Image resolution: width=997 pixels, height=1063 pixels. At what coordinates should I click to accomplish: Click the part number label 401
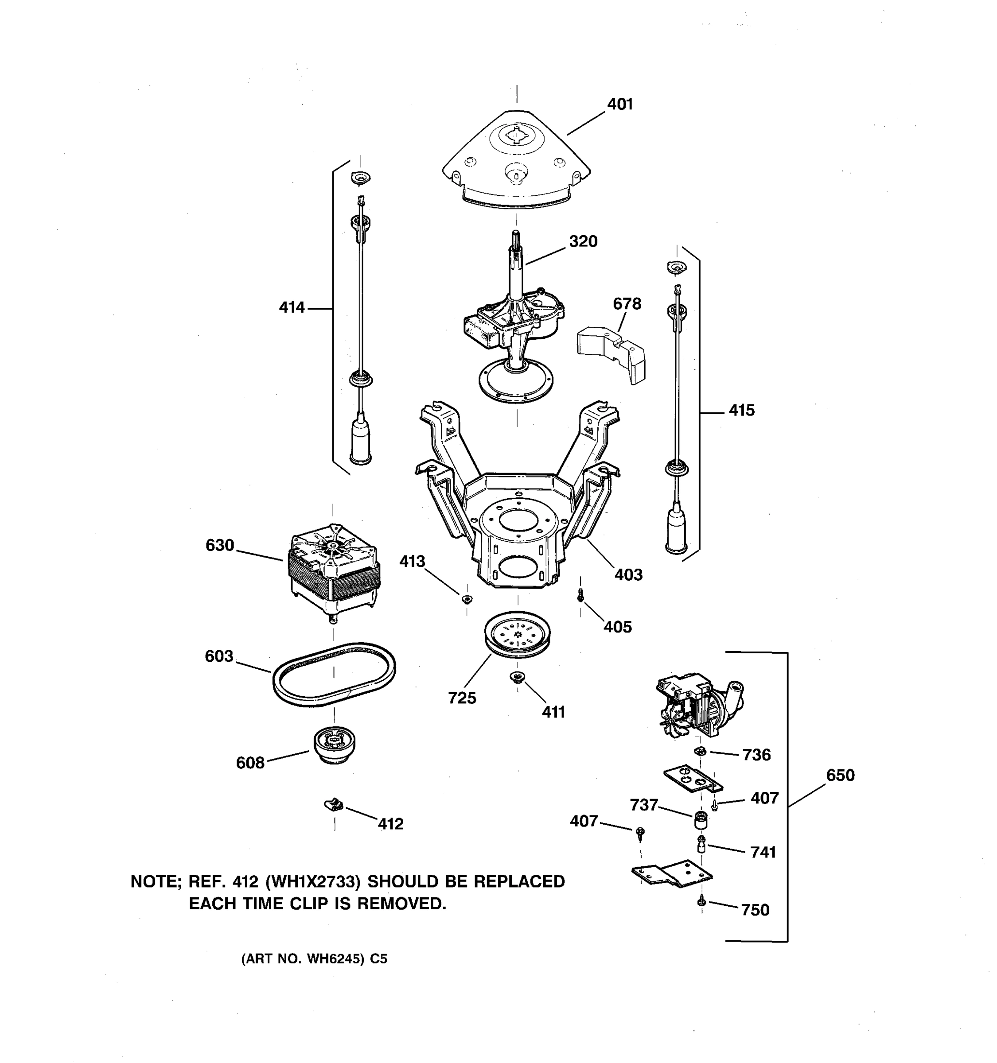point(620,104)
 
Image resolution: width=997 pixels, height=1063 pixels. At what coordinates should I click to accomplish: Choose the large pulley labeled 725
point(517,634)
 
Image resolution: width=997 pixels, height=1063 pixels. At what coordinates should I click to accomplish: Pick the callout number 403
point(628,575)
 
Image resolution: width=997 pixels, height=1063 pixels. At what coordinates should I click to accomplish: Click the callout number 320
point(583,242)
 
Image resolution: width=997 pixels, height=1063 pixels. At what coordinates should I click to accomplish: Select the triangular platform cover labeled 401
point(516,160)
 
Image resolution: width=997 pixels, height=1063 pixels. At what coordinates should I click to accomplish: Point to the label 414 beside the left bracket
point(292,307)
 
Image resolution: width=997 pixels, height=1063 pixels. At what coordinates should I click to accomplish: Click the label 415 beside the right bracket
point(742,411)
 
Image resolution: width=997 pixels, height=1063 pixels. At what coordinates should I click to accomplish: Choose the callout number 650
point(840,776)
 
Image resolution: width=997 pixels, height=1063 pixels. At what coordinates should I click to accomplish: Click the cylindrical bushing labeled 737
point(701,819)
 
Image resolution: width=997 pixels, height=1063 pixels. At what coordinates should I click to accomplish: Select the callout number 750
point(755,910)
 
